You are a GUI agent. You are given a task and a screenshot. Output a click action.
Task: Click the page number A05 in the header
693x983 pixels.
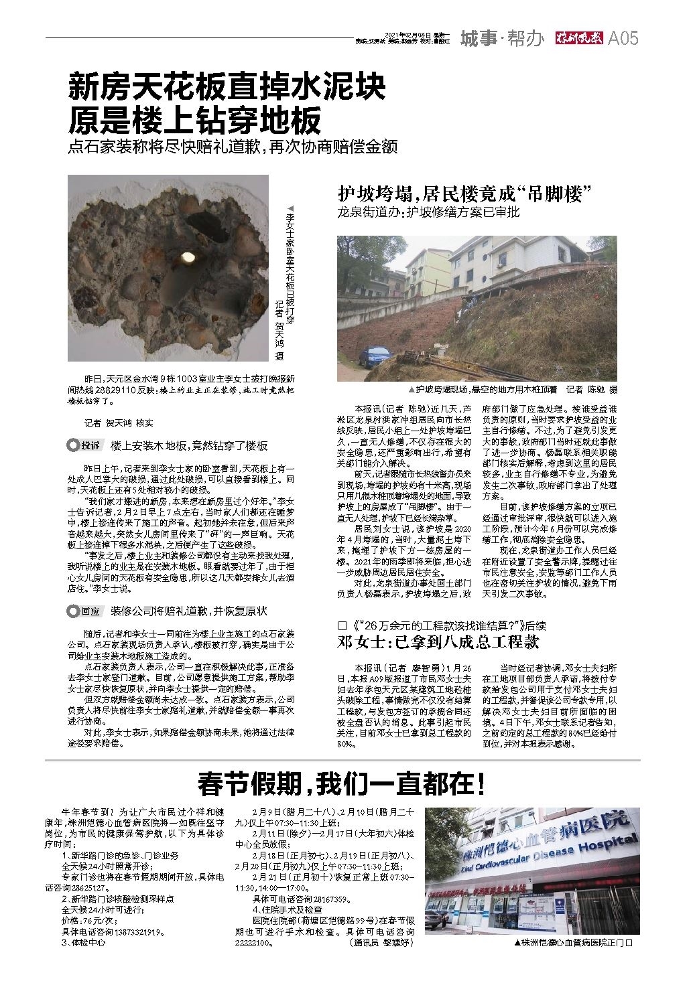[x=623, y=39]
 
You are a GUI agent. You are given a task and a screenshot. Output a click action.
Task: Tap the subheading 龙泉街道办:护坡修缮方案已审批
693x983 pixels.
[x=428, y=213]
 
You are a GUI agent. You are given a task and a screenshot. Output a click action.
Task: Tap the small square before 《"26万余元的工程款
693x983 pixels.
[x=343, y=625]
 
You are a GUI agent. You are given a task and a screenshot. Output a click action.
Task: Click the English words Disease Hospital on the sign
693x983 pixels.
[x=590, y=846]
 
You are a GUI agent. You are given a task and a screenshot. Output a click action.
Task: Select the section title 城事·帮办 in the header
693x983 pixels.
[x=501, y=39]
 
